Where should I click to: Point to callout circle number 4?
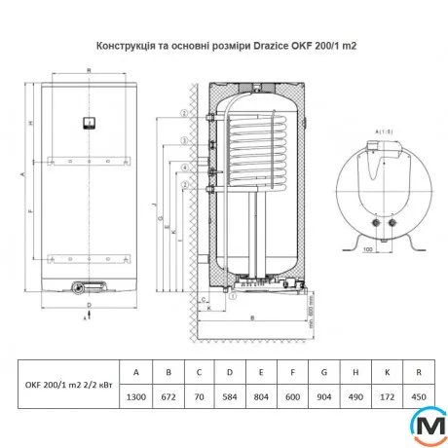[182, 166]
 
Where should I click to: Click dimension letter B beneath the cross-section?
[253, 318]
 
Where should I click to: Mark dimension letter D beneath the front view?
[89, 305]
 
